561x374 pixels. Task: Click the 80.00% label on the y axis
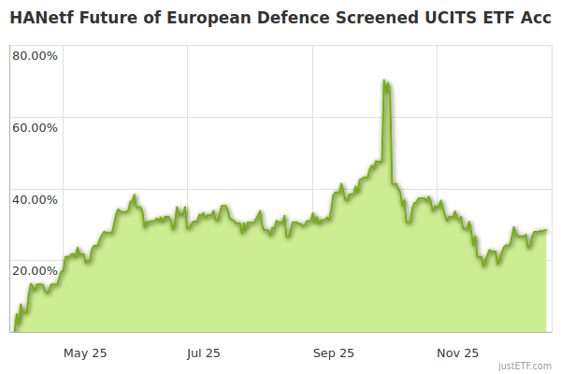[35, 55]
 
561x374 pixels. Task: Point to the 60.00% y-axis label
[35, 127]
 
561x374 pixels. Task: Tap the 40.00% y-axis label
[35, 198]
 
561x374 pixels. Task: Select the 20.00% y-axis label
[35, 270]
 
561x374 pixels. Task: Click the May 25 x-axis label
[85, 352]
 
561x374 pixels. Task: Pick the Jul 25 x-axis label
[203, 352]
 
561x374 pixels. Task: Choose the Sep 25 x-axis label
[334, 352]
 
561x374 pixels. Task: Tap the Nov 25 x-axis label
[458, 352]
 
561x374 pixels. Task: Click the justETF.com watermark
[525, 367]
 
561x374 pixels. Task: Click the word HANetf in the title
[39, 17]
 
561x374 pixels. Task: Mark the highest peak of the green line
[384, 81]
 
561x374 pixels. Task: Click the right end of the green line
[546, 230]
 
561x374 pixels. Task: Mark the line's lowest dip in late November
[484, 266]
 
